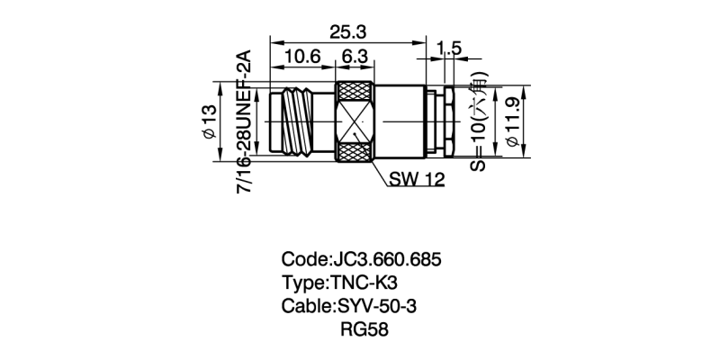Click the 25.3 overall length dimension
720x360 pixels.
pyautogui.click(x=347, y=31)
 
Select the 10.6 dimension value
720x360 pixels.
pyautogui.click(x=302, y=58)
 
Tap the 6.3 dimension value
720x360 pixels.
pyautogui.click(x=353, y=58)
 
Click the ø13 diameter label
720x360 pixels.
pyautogui.click(x=209, y=122)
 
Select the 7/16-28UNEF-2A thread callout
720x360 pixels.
pyautogui.click(x=243, y=121)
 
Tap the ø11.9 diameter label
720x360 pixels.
pyautogui.click(x=513, y=122)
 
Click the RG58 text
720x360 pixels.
pyautogui.click(x=364, y=329)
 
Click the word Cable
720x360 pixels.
pyautogui.click(x=306, y=306)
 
